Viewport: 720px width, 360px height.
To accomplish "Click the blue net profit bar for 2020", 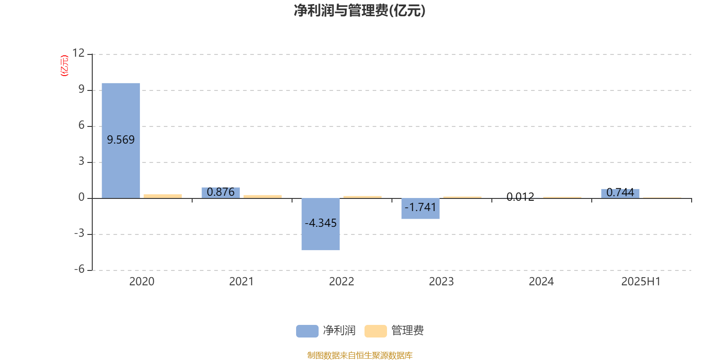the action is [121, 141].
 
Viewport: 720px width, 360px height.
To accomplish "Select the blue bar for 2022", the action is [320, 224].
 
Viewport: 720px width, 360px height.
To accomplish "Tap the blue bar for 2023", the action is [420, 209].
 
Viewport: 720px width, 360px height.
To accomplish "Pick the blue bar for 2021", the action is [221, 193].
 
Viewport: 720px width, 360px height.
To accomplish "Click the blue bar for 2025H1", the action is [620, 193].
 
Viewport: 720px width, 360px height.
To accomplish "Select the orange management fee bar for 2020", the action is [162, 196].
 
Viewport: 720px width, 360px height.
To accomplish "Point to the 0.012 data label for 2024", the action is [520, 197].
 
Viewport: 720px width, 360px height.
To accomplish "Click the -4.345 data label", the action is [320, 223].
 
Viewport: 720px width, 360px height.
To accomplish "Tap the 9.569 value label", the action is [121, 139].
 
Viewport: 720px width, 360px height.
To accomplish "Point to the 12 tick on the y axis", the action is [78, 53].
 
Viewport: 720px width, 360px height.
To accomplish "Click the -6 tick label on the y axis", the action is [79, 269].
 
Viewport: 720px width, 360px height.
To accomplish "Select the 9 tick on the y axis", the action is [81, 89].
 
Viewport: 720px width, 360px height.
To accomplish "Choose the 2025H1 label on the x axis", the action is [641, 281].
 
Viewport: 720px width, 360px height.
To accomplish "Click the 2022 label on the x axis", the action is [342, 281].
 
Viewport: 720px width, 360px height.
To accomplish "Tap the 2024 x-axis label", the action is [541, 281].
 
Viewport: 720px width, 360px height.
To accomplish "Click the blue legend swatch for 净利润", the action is [307, 331].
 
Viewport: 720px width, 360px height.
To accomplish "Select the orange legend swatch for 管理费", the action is [375, 331].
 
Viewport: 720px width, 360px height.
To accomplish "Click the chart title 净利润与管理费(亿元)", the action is [360, 11].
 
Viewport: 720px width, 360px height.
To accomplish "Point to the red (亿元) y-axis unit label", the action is [65, 66].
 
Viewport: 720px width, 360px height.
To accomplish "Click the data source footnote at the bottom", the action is [360, 355].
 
